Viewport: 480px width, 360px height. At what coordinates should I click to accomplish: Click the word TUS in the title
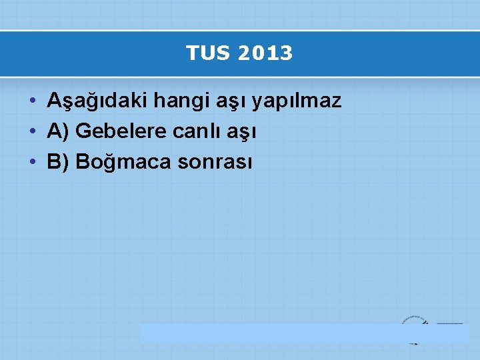pyautogui.click(x=205, y=53)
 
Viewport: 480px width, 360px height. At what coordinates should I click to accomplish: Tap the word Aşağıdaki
pyautogui.click(x=97, y=101)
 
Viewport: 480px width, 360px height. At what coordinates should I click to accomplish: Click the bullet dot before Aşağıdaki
pyautogui.click(x=33, y=102)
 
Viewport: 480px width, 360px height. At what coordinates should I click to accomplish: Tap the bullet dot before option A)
pyautogui.click(x=33, y=132)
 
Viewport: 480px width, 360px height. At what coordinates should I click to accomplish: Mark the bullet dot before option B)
pyautogui.click(x=33, y=162)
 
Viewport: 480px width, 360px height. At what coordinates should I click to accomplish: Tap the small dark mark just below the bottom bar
pyautogui.click(x=415, y=343)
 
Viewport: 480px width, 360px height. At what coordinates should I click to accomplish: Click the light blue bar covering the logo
pyautogui.click(x=303, y=333)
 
